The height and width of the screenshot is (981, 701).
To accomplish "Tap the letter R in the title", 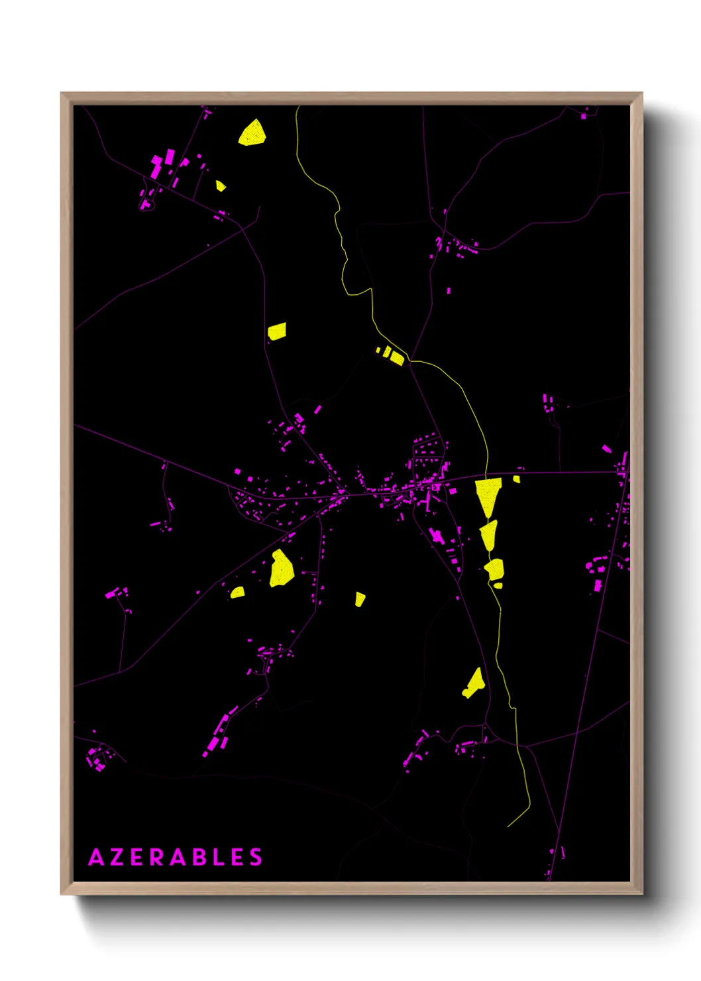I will coord(156,857).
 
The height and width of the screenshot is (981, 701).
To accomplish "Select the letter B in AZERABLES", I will coord(198,857).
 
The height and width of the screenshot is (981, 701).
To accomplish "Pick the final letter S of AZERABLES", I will coord(256,857).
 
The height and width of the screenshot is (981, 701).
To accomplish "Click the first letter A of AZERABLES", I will coord(96,857).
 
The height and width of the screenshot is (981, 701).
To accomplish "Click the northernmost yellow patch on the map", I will coord(252,133).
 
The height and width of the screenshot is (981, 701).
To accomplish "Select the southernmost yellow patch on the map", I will coord(474,684).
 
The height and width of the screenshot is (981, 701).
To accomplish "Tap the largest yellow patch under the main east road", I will coord(488,496).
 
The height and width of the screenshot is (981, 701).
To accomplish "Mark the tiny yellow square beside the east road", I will coord(516,479).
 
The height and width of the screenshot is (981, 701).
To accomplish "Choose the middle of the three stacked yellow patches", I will coord(489,534).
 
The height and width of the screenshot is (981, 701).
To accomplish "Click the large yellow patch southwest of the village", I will coord(281,569).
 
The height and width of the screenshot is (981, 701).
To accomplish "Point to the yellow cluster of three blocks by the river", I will coord(392,355).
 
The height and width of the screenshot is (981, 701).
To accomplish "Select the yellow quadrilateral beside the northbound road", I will coord(277,331).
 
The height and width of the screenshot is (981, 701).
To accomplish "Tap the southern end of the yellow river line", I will coord(508,826).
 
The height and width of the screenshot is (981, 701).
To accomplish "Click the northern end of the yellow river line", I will coord(297,107).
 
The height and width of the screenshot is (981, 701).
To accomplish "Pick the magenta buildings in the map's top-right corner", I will coord(584,116).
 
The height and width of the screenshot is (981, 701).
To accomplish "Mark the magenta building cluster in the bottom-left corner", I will coord(97,758).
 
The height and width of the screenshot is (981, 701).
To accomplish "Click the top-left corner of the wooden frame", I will coord(62,93).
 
